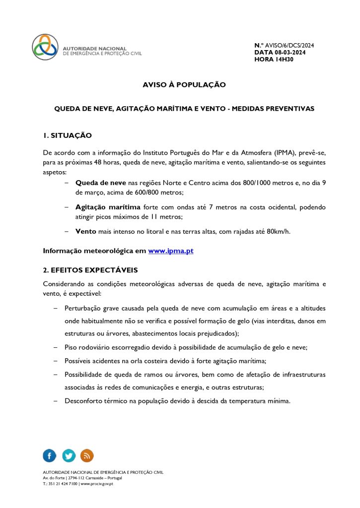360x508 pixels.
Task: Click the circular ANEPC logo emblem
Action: [45, 47]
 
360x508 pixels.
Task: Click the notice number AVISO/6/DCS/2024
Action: [291, 46]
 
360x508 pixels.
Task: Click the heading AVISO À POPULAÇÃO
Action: [184, 85]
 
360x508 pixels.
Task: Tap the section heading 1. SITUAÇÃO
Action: [67, 135]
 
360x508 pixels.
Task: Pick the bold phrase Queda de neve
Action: [100, 183]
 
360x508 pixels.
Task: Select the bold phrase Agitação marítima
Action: [108, 207]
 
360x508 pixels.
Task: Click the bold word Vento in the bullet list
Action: [85, 231]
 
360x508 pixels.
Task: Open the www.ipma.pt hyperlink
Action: [170, 251]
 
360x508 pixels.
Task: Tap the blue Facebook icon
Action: [50, 455]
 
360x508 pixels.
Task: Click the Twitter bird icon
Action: [69, 455]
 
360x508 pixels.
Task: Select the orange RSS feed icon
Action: [87, 455]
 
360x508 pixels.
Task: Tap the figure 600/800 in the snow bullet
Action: [122, 192]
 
